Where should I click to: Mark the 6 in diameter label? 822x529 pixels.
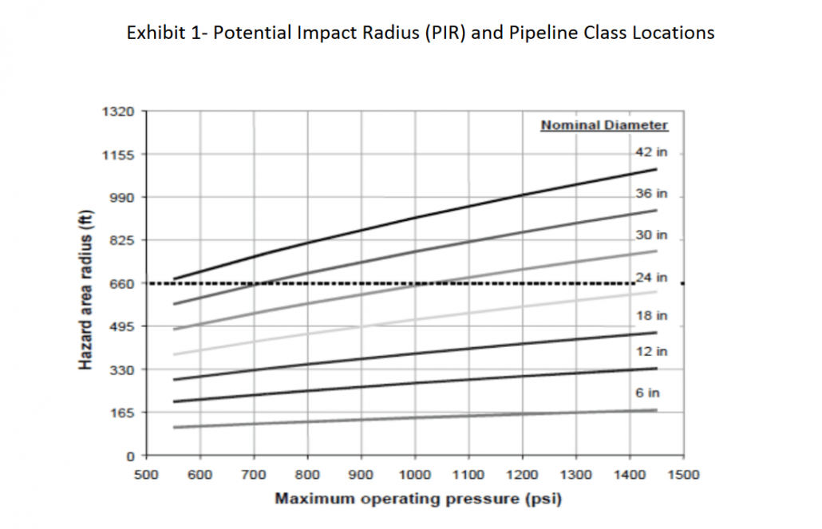(647, 393)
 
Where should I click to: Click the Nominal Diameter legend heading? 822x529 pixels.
(604, 125)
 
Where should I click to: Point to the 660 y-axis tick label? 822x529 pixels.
(121, 283)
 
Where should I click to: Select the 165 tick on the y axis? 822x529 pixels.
(121, 413)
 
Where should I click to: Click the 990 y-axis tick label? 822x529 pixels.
(121, 197)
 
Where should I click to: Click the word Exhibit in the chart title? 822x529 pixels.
(152, 34)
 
